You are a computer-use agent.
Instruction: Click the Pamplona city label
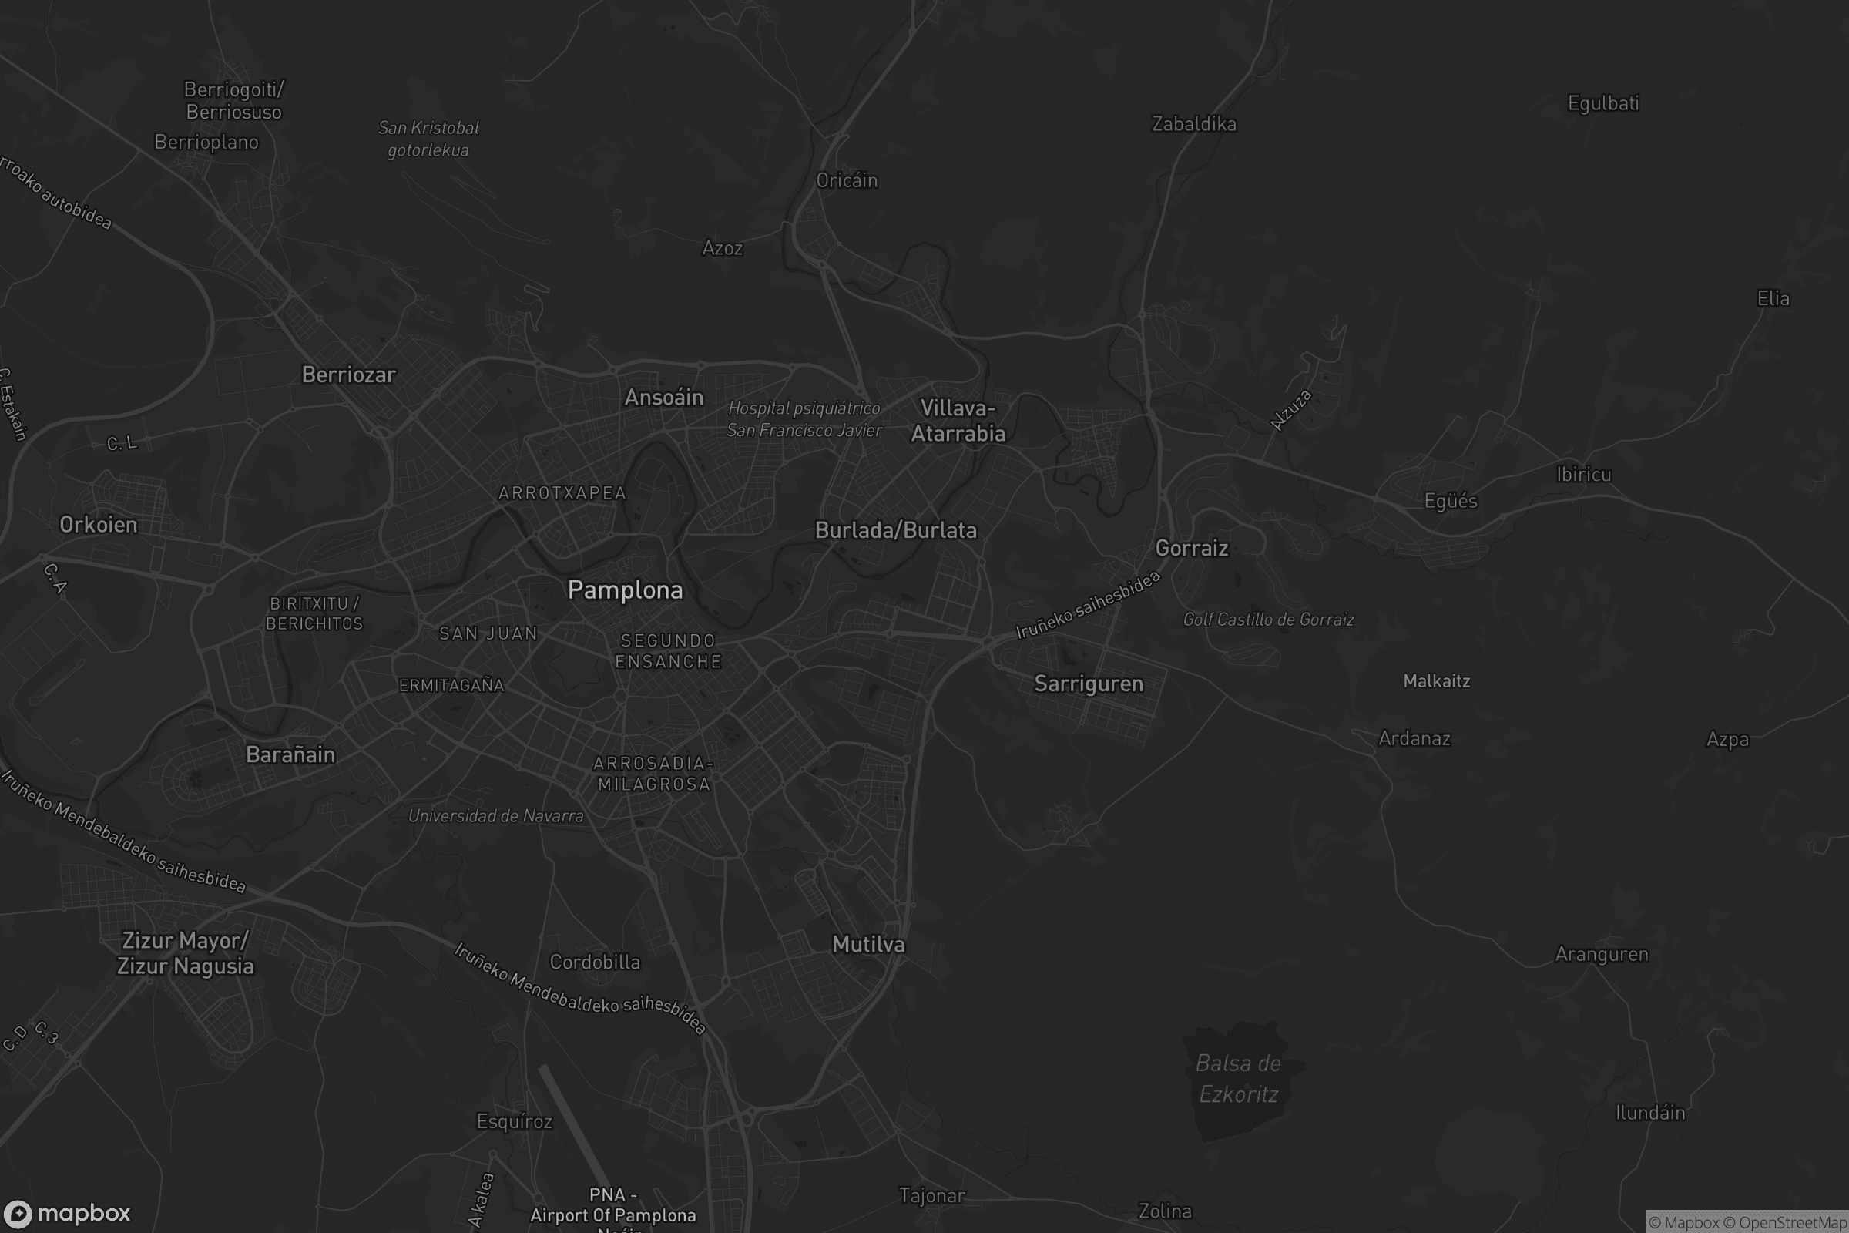625,590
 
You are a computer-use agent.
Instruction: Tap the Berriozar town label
348,375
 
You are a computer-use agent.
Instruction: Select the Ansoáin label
663,397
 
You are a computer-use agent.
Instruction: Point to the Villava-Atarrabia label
958,421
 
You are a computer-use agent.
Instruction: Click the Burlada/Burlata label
895,530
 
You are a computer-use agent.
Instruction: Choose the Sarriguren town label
1088,684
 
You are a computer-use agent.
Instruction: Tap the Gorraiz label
1191,548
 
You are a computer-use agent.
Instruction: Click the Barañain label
290,754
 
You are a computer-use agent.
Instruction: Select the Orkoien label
99,525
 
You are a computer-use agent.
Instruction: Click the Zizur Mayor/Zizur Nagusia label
186,953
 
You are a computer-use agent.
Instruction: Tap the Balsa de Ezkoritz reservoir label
1238,1078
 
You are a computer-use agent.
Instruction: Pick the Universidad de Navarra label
495,815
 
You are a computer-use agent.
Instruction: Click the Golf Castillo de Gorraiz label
1268,620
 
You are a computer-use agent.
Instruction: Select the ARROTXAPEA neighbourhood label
562,493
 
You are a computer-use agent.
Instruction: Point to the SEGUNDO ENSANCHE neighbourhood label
667,651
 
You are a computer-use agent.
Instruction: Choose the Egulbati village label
1603,103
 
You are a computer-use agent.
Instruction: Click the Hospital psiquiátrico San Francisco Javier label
804,419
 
